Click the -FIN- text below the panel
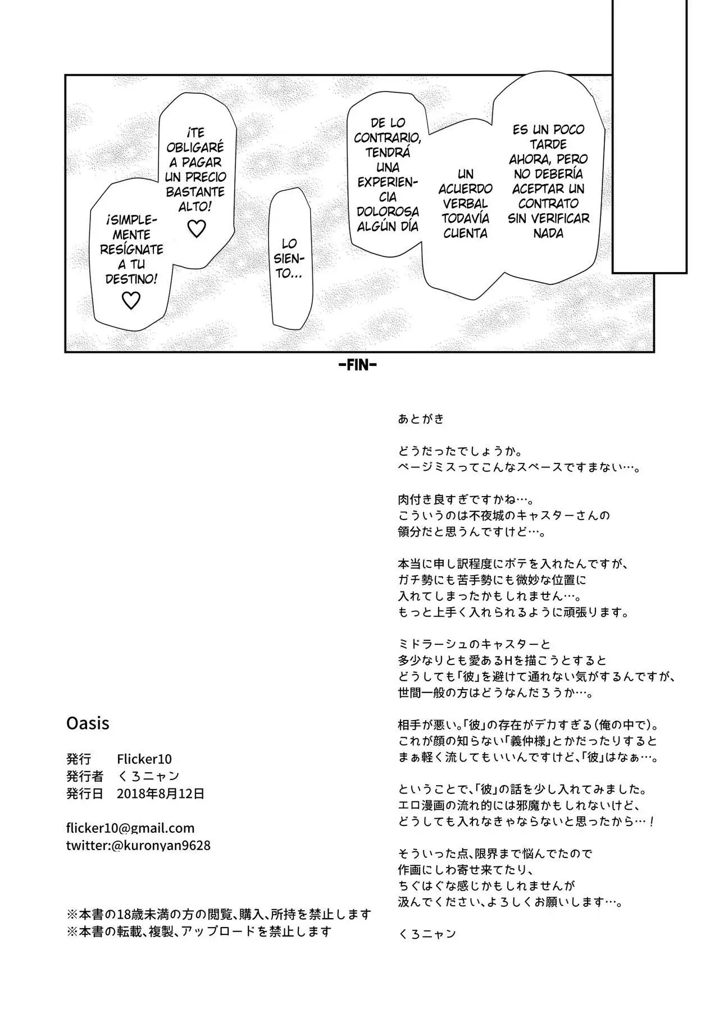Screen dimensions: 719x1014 pos(358,365)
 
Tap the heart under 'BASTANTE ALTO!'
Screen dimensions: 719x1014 pos(196,228)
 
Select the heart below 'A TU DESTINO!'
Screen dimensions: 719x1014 pos(131,301)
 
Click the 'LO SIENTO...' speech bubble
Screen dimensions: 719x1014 pos(291,259)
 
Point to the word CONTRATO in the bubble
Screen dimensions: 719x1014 pos(548,204)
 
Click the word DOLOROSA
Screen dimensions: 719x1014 pos(388,212)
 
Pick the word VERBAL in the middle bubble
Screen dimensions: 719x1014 pos(465,204)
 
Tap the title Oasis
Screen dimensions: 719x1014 pos(88,723)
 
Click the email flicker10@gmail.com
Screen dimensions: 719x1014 pos(130,828)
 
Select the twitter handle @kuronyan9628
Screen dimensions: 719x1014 pos(161,845)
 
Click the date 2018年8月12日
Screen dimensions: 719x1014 pos(161,793)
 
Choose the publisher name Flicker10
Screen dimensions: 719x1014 pos(144,759)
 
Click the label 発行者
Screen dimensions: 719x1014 pos(85,776)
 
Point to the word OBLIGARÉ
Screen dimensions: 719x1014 pos(196,148)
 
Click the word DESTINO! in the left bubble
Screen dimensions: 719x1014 pos(131,279)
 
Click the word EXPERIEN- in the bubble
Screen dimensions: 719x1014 pos(388,182)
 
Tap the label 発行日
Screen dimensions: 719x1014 pos(85,793)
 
